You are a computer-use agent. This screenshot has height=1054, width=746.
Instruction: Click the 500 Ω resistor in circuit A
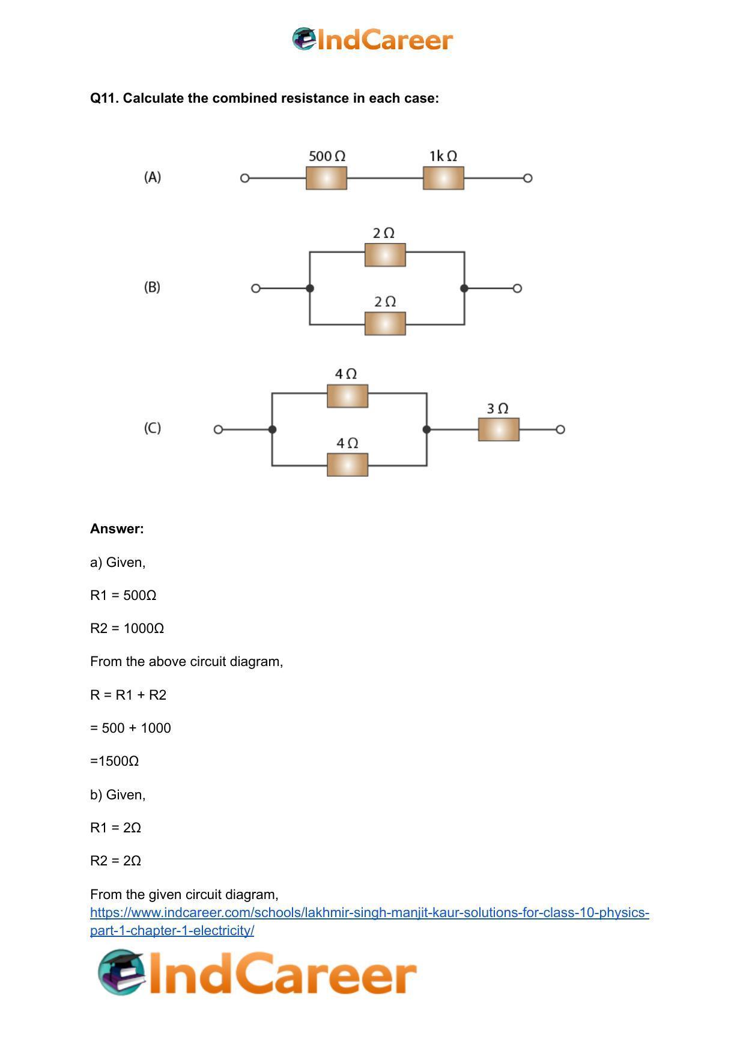(326, 178)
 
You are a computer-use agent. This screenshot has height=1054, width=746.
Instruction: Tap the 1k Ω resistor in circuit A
(443, 178)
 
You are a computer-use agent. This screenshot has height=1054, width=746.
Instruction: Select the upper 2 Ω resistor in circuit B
(385, 255)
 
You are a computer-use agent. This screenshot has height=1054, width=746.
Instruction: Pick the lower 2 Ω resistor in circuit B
(385, 324)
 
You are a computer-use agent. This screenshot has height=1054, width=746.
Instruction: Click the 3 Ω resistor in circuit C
(499, 429)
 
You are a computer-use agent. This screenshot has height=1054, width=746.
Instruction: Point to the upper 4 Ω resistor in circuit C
(347, 396)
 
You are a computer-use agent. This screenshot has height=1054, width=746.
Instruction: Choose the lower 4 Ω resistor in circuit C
(347, 465)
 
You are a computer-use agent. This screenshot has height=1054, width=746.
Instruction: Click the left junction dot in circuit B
(310, 288)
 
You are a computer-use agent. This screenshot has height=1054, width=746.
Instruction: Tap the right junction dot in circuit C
(426, 429)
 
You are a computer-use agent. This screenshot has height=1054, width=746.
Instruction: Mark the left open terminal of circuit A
(244, 178)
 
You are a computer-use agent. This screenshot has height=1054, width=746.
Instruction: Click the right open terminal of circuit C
(560, 429)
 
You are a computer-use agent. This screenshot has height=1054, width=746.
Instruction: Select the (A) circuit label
(153, 177)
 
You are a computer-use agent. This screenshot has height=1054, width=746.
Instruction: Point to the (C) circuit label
(153, 428)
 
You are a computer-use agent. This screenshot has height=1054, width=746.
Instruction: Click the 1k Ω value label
(443, 156)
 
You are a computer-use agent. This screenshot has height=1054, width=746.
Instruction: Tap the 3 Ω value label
(497, 408)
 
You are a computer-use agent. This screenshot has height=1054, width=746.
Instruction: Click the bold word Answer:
(117, 529)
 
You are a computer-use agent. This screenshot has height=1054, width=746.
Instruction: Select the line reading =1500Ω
(115, 761)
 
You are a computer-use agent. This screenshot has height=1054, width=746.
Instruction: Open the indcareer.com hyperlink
(369, 921)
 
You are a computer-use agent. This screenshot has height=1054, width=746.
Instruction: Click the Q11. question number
(105, 98)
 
